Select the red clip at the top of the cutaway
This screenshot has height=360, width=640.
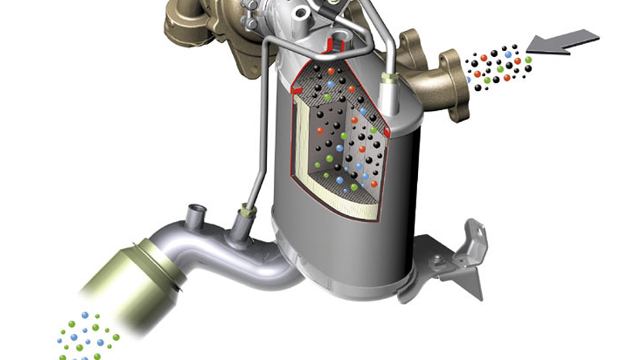coord(337,43)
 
